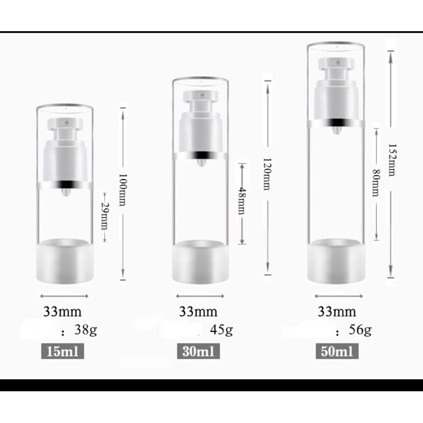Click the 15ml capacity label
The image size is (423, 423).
(62, 351)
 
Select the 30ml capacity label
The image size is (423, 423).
(198, 351)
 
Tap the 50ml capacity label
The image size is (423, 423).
(337, 351)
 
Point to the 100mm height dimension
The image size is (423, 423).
(123, 190)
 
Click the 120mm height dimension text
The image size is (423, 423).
(267, 174)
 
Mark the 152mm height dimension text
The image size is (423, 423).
(391, 160)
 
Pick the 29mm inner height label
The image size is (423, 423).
(104, 216)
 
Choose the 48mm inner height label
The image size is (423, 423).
(242, 200)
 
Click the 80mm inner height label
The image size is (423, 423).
(376, 182)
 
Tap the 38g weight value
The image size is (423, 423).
(86, 329)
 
